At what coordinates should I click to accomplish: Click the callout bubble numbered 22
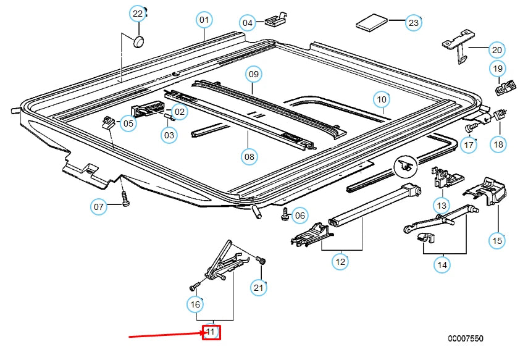pos(138,14)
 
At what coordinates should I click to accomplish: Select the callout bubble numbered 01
pos(204,20)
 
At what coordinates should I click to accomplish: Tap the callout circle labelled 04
pos(248,23)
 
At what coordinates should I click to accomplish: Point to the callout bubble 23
pos(413,23)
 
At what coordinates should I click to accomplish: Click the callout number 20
pos(497,49)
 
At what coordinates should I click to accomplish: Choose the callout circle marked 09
pos(253,74)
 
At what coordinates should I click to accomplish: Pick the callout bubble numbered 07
pos(99,206)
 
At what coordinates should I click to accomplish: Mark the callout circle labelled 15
pos(497,240)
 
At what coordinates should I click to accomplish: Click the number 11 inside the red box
pos(211,333)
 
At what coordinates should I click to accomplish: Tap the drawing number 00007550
pos(466,339)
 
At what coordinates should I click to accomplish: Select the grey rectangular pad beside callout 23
pos(371,24)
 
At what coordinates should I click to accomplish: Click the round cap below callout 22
pos(139,41)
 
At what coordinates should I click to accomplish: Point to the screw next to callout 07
pos(125,201)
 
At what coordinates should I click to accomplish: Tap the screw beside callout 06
pos(285,214)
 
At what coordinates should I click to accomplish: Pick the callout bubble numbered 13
pos(441,205)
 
